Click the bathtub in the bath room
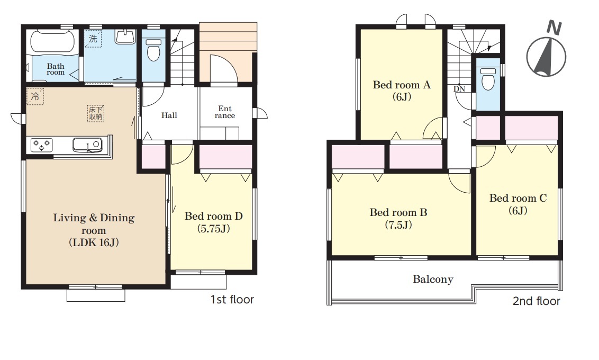pyautogui.click(x=53, y=41)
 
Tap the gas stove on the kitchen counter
pyautogui.click(x=42, y=145)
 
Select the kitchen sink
pyautogui.click(x=87, y=145)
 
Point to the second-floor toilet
pyautogui.click(x=487, y=78)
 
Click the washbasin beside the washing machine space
pyautogui.click(x=125, y=38)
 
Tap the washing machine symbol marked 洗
pyautogui.click(x=93, y=39)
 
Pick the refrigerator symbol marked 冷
pyautogui.click(x=35, y=96)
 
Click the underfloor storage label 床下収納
pyautogui.click(x=95, y=113)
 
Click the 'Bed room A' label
pyautogui.click(x=402, y=85)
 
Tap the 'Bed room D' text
pyautogui.click(x=214, y=217)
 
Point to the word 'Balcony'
pyautogui.click(x=433, y=280)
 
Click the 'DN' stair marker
pyautogui.click(x=459, y=89)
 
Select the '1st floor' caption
pyautogui.click(x=232, y=299)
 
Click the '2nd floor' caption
pyautogui.click(x=536, y=301)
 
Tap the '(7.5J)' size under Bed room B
pyautogui.click(x=398, y=224)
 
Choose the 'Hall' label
pyautogui.click(x=169, y=115)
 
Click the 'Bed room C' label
pyautogui.click(x=518, y=198)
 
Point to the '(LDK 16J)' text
pyautogui.click(x=94, y=242)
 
